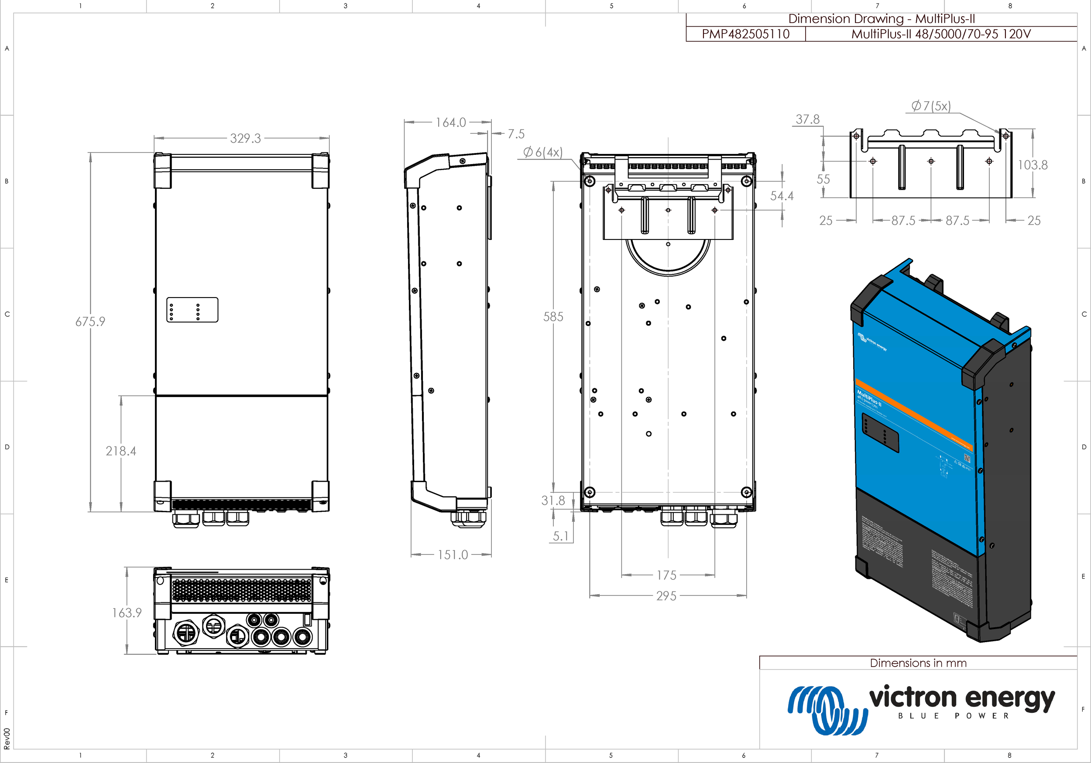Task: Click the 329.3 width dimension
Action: [x=245, y=138]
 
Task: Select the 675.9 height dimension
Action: [x=90, y=322]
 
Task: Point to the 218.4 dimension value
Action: [x=121, y=451]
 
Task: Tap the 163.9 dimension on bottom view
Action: [x=127, y=613]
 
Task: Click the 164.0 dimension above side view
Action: [x=450, y=123]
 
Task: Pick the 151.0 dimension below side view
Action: [x=453, y=555]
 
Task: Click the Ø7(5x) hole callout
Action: [x=931, y=106]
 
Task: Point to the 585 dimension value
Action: [x=553, y=317]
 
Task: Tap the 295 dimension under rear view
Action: [x=666, y=596]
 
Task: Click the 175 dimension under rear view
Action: [x=666, y=575]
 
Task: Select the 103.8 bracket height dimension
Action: [x=1032, y=165]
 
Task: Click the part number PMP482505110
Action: [x=745, y=34]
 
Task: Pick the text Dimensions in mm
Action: [x=918, y=663]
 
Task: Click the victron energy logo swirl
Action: [x=827, y=709]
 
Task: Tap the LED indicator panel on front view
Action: [x=192, y=310]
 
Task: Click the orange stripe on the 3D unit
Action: [x=913, y=414]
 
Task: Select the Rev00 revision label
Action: [x=7, y=738]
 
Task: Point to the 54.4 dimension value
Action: [x=782, y=196]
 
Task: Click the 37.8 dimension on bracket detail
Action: [x=808, y=119]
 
